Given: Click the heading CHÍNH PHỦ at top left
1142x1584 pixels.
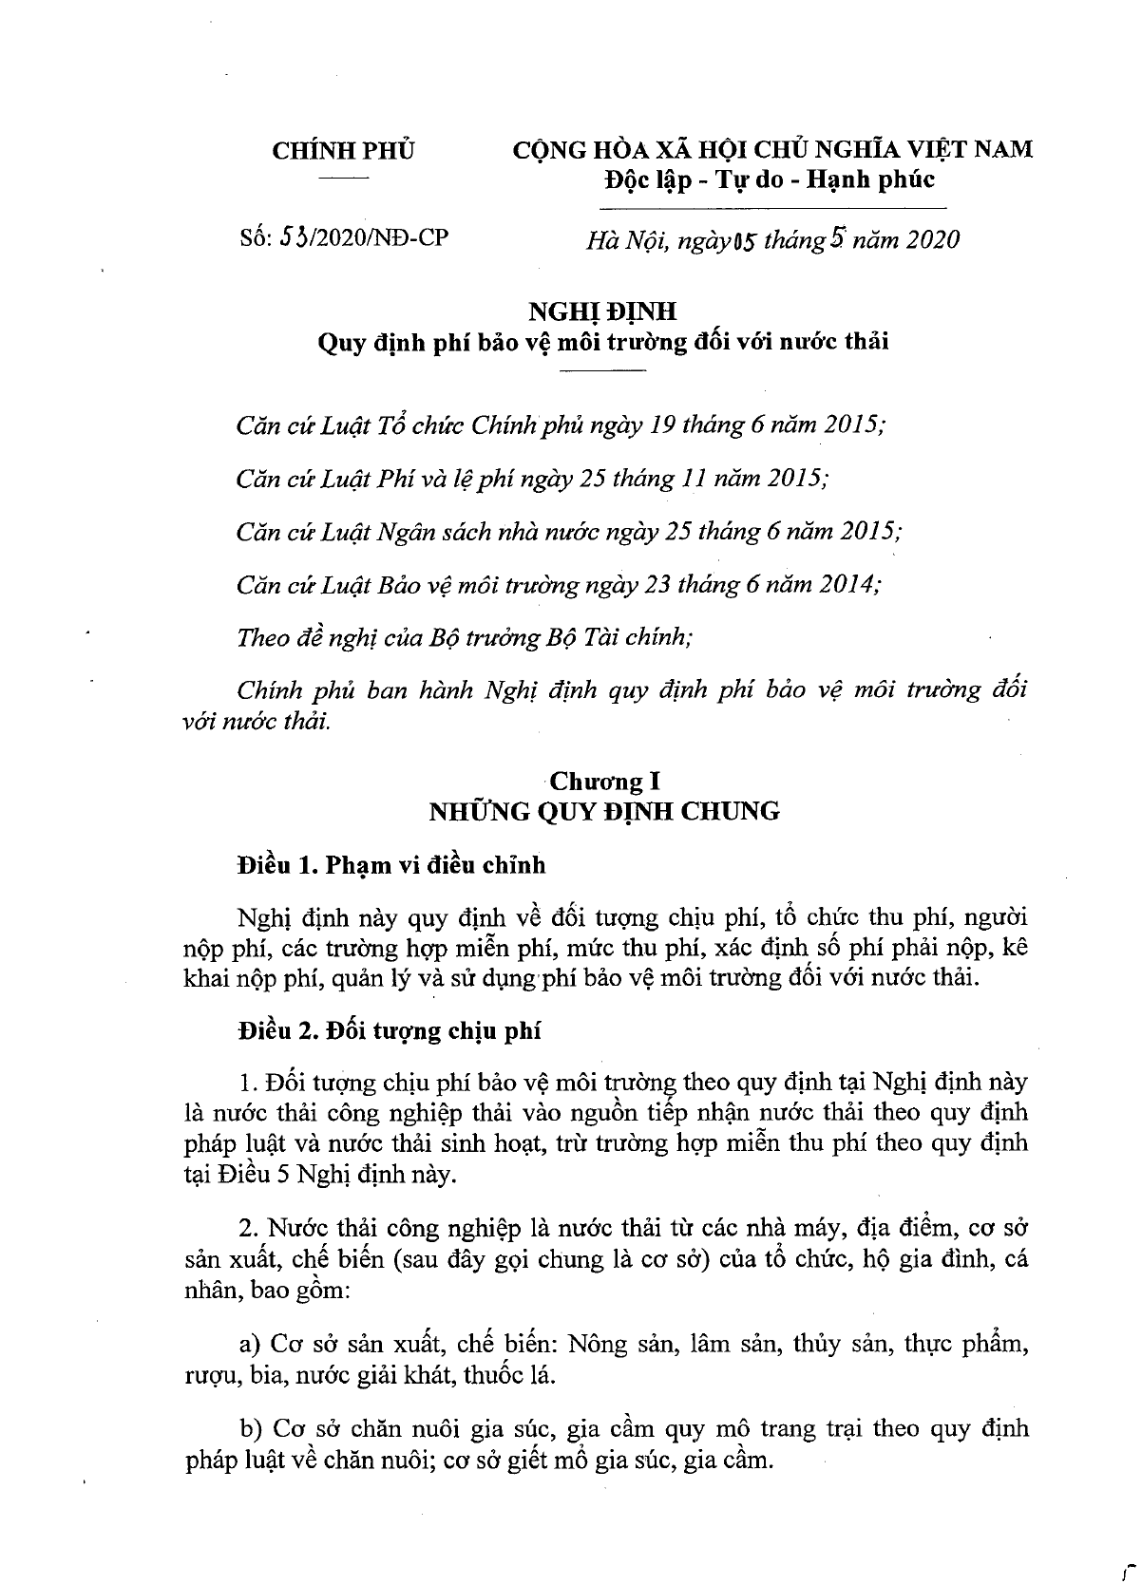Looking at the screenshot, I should pyautogui.click(x=343, y=150).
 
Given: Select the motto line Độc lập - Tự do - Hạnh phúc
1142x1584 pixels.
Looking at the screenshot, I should pyautogui.click(x=771, y=179).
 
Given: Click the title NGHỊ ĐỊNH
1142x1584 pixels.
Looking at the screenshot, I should pyautogui.click(x=603, y=311).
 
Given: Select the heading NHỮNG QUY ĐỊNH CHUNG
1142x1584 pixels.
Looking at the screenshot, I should pyautogui.click(x=604, y=811).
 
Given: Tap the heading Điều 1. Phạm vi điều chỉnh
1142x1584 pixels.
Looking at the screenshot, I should pyautogui.click(x=392, y=865).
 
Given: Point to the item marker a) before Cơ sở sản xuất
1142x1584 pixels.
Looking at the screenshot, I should pyautogui.click(x=251, y=1344).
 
